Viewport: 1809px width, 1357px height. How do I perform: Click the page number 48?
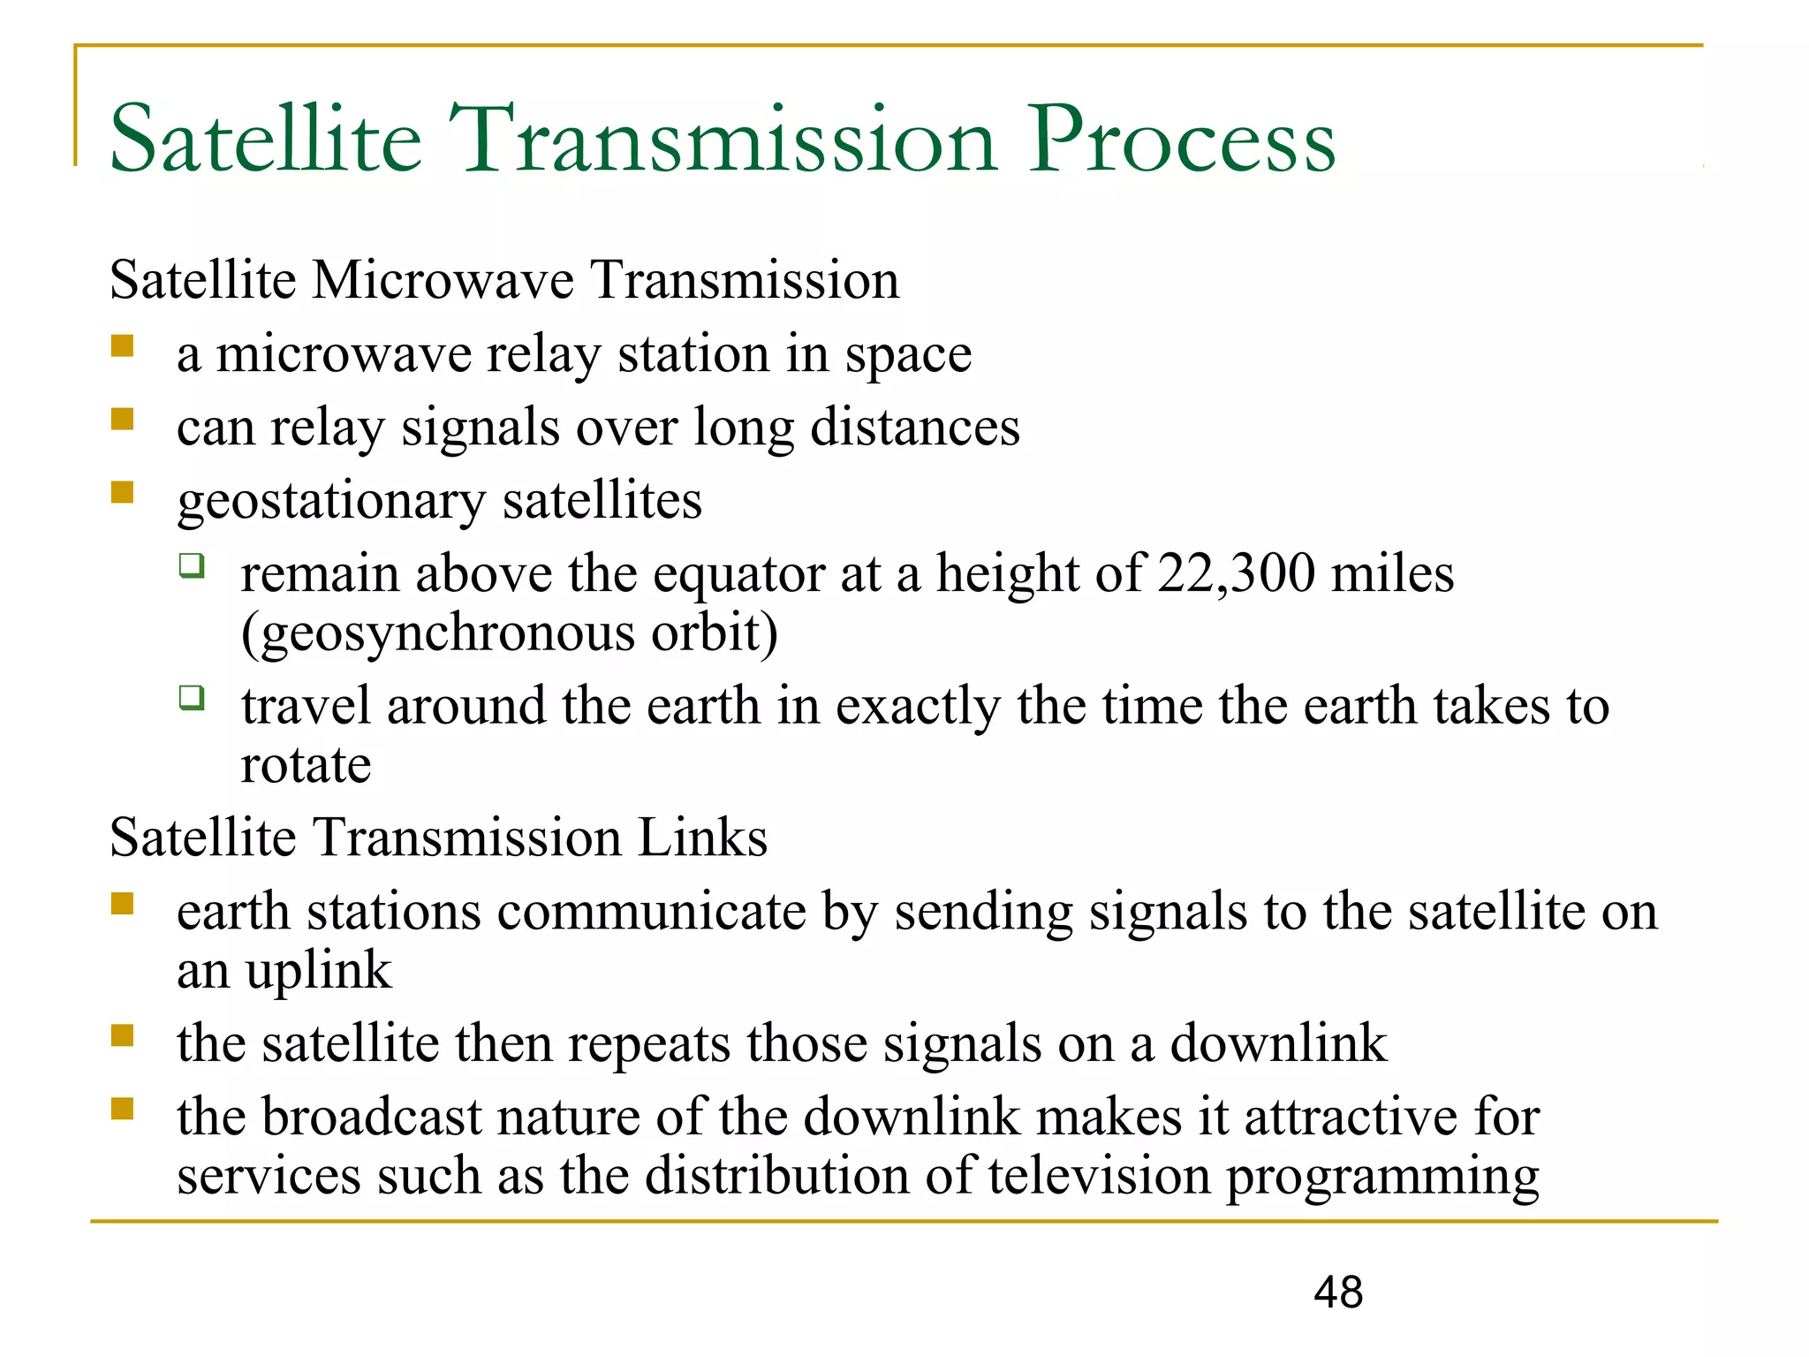pos(1338,1293)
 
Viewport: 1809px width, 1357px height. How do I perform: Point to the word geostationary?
pos(331,502)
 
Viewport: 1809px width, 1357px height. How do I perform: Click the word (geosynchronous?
pos(438,634)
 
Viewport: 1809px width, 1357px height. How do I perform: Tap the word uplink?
pos(318,972)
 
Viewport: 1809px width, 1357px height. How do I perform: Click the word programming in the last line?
pos(1383,1178)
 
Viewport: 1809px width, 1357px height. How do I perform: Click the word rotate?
pos(306,765)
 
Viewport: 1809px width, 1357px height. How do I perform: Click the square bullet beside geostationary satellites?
pos(122,492)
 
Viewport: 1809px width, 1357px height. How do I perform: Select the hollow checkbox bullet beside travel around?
pos(192,698)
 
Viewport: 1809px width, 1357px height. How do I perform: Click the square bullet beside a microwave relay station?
pos(122,345)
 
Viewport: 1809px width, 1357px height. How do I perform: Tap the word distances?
pos(914,427)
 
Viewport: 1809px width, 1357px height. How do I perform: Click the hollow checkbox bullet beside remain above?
pos(192,565)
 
